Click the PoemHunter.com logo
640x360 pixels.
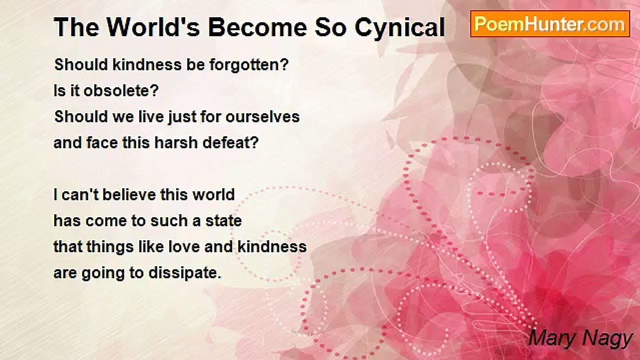point(550,24)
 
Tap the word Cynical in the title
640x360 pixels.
point(399,28)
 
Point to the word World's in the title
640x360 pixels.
point(153,27)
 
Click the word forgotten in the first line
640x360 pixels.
point(249,65)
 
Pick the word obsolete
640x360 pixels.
point(121,91)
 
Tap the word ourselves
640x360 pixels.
point(262,117)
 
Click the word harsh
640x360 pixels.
point(175,143)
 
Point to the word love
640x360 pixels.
point(183,247)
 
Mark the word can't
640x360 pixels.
point(79,195)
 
